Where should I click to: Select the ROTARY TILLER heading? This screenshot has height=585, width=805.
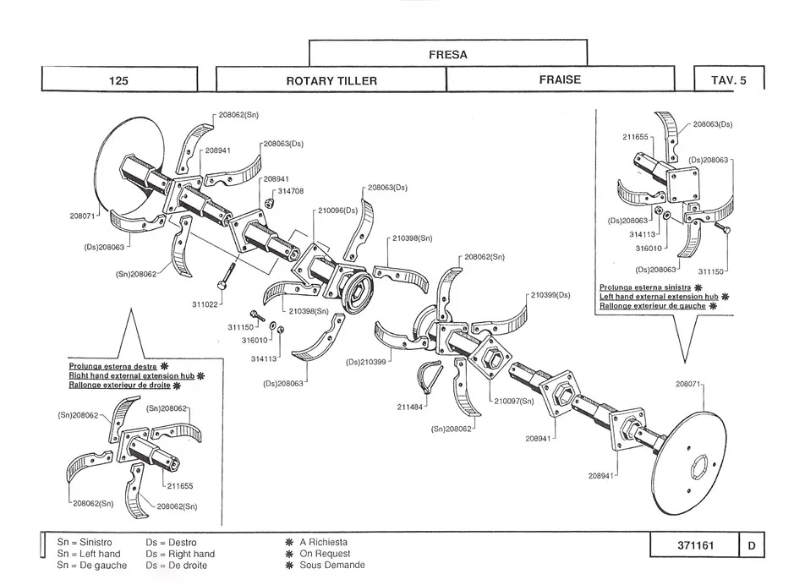331,80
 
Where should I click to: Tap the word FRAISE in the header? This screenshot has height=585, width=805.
560,79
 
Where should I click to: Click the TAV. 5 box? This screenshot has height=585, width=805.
729,80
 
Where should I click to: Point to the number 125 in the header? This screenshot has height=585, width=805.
118,80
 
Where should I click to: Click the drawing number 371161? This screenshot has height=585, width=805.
695,545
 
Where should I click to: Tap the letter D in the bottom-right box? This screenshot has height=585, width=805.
751,545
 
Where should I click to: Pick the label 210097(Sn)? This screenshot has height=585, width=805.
514,401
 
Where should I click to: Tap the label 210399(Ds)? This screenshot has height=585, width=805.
550,295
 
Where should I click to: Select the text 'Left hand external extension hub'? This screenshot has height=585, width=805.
659,297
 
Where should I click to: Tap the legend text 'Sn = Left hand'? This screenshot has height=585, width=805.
89,554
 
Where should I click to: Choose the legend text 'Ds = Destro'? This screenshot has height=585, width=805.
171,542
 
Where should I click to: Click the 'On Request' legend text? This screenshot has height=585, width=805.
324,554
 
